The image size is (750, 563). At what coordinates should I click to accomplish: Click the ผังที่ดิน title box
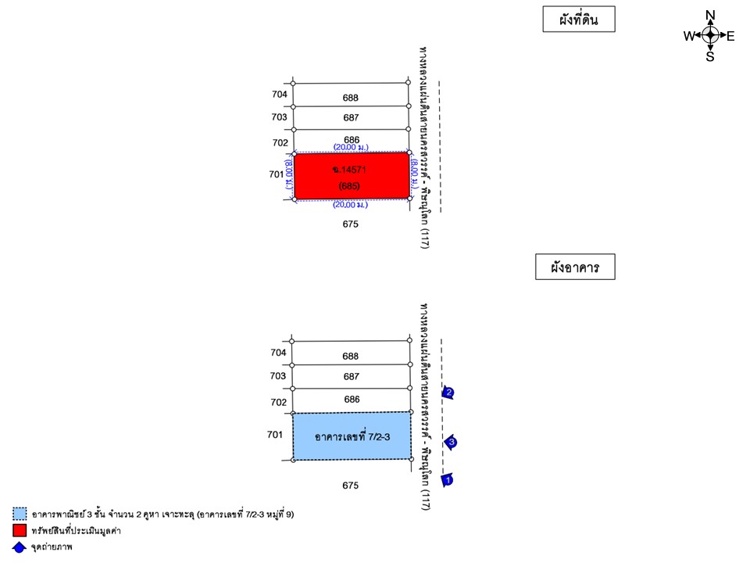tap(578, 20)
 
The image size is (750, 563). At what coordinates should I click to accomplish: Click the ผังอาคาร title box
tap(574, 267)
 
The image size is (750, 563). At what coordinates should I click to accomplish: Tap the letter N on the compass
tap(710, 16)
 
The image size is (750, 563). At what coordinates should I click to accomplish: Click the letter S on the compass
tap(710, 56)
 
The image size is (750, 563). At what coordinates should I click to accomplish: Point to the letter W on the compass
tap(689, 36)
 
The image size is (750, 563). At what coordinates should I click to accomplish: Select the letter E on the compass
tap(730, 36)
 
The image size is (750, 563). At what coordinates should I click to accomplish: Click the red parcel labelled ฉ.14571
tap(351, 176)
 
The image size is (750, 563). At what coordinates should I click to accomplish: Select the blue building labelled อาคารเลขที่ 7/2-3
tap(351, 436)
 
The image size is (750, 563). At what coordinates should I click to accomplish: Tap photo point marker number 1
tap(448, 479)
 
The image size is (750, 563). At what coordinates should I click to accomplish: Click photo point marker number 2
tap(448, 393)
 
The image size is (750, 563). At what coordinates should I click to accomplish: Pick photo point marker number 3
tap(451, 443)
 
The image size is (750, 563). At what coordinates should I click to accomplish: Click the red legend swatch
tap(20, 531)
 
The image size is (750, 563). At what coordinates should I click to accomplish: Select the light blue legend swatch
tap(20, 514)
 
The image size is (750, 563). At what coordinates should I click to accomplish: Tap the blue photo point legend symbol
tap(20, 547)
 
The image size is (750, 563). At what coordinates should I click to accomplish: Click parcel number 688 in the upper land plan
tap(351, 98)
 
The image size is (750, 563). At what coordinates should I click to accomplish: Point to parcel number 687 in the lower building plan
tap(352, 376)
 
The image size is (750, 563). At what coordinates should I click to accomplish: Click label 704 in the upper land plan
tap(280, 94)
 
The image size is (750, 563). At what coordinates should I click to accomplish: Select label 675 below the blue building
tap(350, 486)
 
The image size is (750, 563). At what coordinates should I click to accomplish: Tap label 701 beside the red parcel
tap(276, 174)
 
